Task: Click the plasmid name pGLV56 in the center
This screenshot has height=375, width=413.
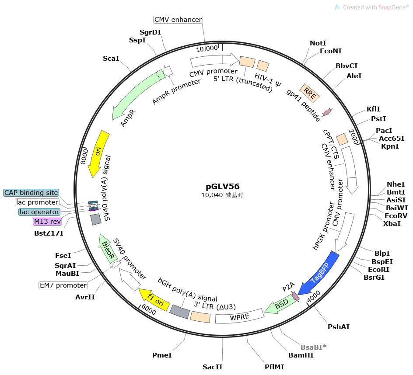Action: (x=223, y=186)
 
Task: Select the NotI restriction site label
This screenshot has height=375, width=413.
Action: (x=318, y=43)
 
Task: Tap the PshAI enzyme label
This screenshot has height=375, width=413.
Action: (x=339, y=326)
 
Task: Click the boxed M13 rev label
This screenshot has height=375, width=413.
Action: (x=47, y=222)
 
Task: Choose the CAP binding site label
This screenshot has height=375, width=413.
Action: (x=31, y=193)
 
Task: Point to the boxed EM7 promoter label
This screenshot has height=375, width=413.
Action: (x=63, y=285)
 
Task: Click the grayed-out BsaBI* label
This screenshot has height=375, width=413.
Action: (x=313, y=347)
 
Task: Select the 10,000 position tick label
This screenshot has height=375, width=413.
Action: (x=206, y=48)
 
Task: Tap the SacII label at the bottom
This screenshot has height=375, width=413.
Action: (x=213, y=367)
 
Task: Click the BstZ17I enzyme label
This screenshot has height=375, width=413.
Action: (x=49, y=233)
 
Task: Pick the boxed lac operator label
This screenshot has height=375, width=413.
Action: (x=39, y=212)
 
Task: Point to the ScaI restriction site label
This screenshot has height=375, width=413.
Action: (x=111, y=58)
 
